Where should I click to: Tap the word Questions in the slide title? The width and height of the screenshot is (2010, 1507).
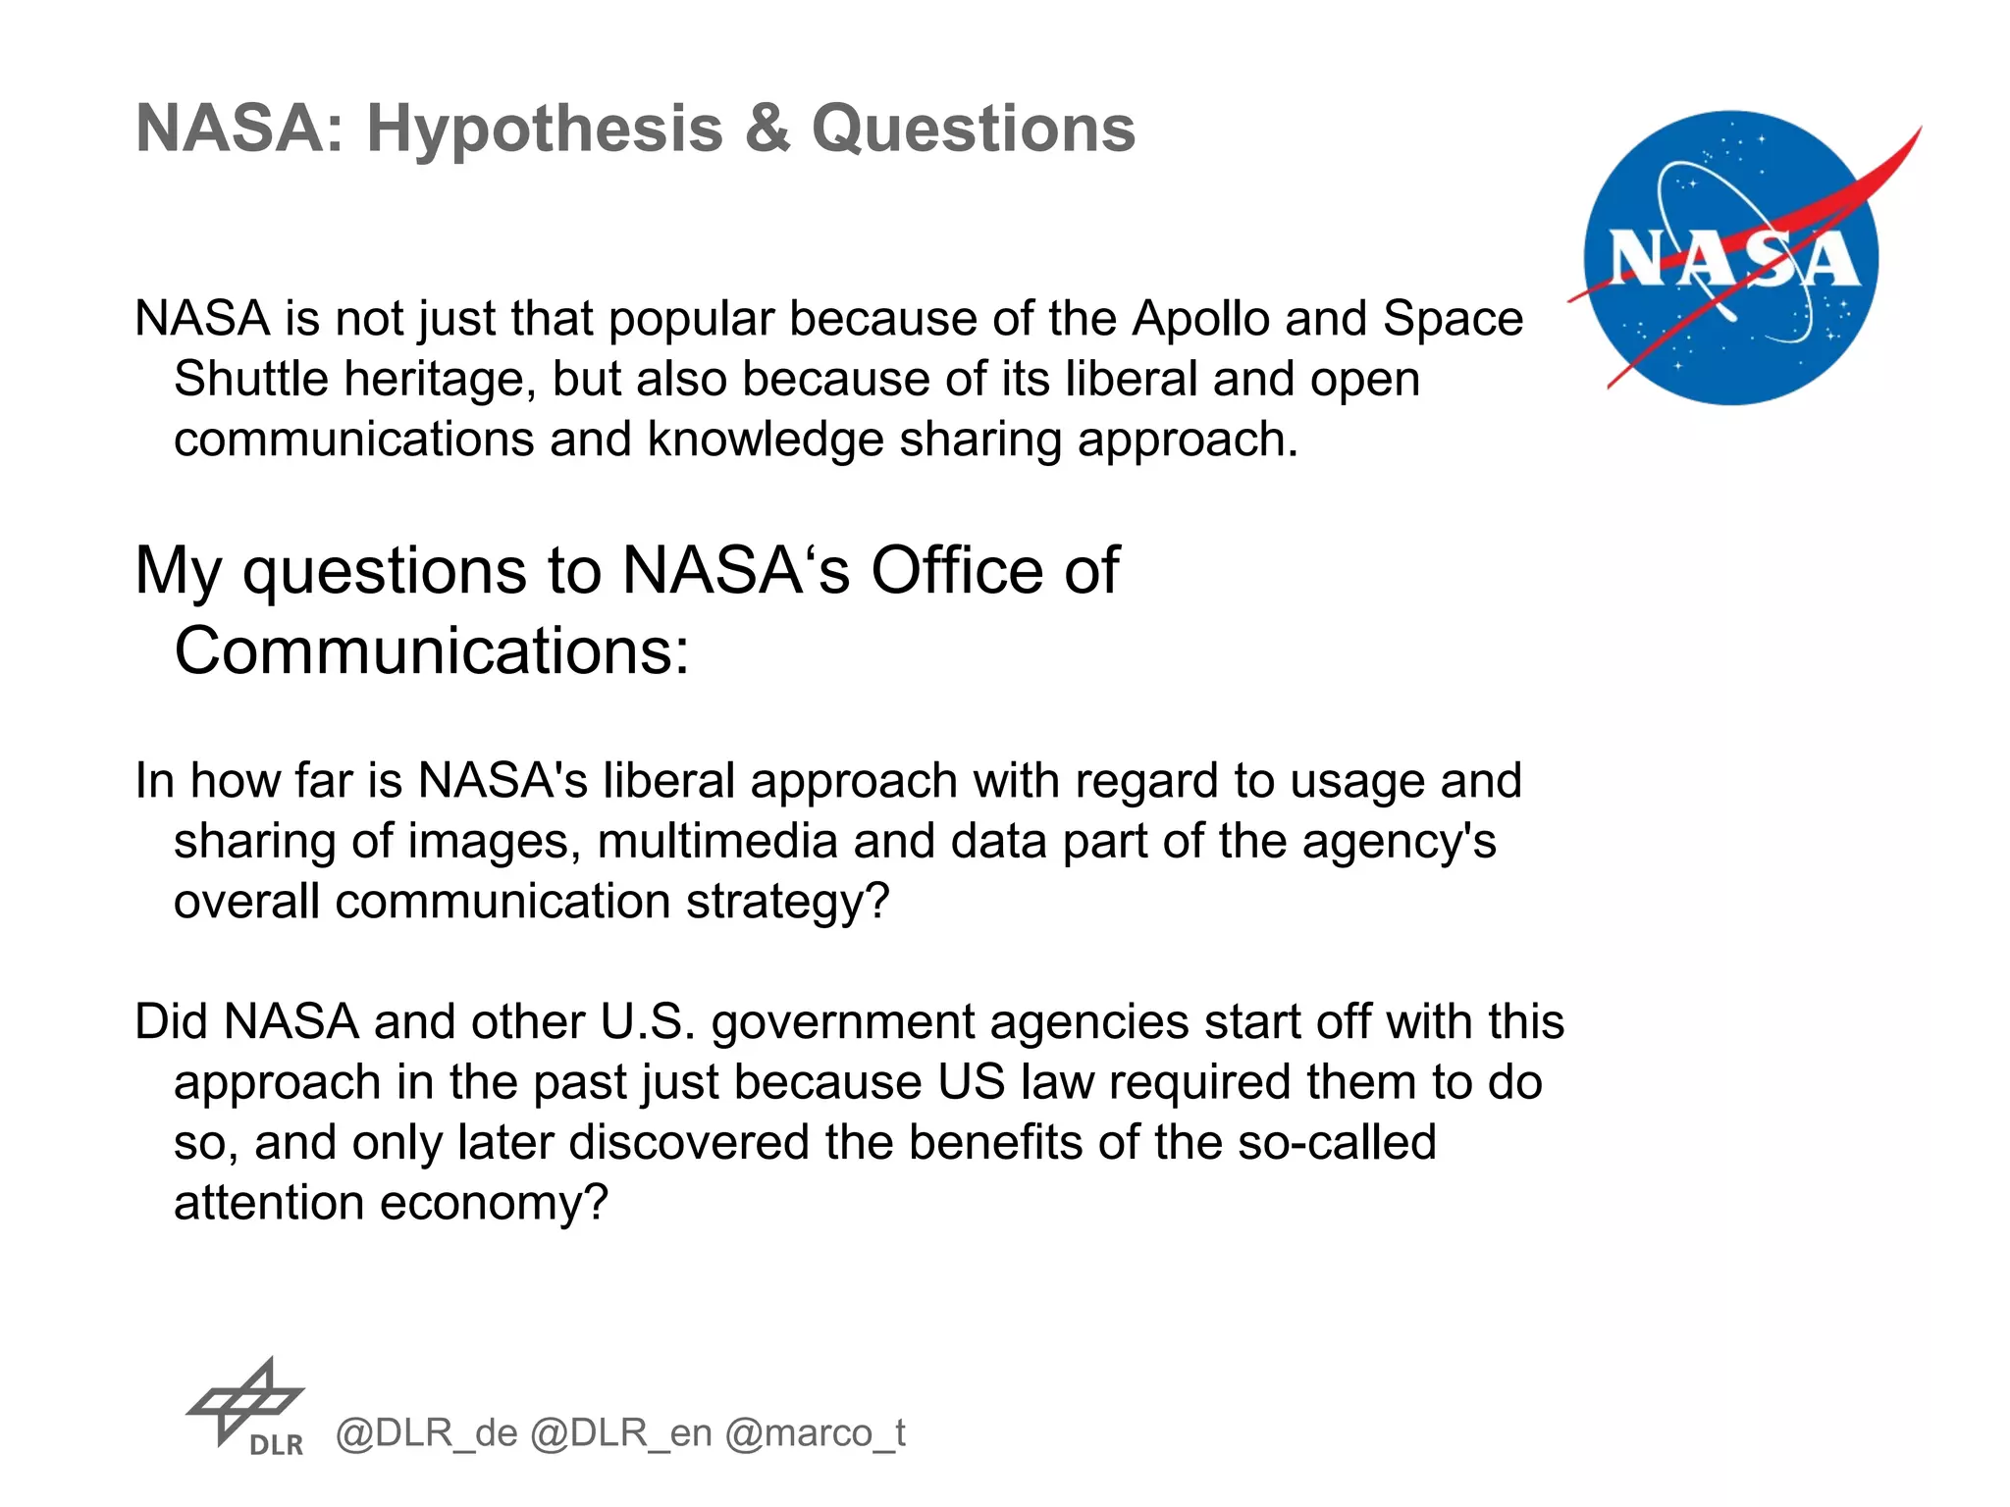coord(973,130)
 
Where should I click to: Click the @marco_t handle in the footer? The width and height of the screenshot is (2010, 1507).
coord(815,1434)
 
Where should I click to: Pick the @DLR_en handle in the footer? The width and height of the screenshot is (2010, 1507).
coord(620,1434)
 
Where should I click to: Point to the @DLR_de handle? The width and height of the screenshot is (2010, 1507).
coord(426,1434)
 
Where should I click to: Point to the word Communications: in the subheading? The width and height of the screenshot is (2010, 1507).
coord(432,650)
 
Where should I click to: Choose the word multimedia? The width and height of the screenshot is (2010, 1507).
coord(716,841)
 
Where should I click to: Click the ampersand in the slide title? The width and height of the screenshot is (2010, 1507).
coord(767,130)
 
